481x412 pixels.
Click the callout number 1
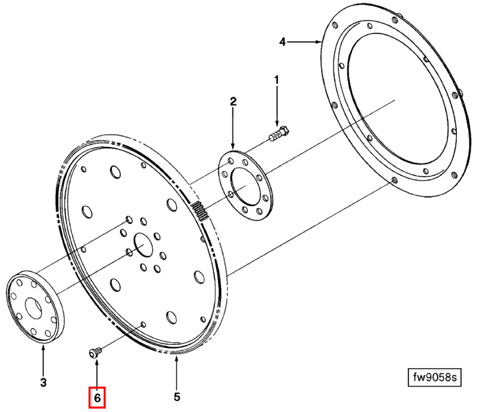tap(277, 80)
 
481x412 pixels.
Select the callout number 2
tap(233, 102)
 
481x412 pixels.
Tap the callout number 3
tap(43, 382)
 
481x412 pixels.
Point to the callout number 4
tap(282, 42)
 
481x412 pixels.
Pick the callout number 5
tap(177, 397)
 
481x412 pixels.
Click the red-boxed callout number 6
tap(97, 398)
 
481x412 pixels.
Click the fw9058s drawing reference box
tap(434, 377)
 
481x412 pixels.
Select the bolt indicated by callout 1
tap(279, 134)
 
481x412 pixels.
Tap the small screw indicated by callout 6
tap(95, 352)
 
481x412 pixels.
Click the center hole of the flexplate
tap(143, 244)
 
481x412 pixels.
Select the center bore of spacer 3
tap(34, 308)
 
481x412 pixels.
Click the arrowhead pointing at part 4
tap(318, 42)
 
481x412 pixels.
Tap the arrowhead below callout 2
tap(233, 147)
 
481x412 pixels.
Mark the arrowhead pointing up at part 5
tap(177, 359)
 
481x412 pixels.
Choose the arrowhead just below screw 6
tap(97, 362)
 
